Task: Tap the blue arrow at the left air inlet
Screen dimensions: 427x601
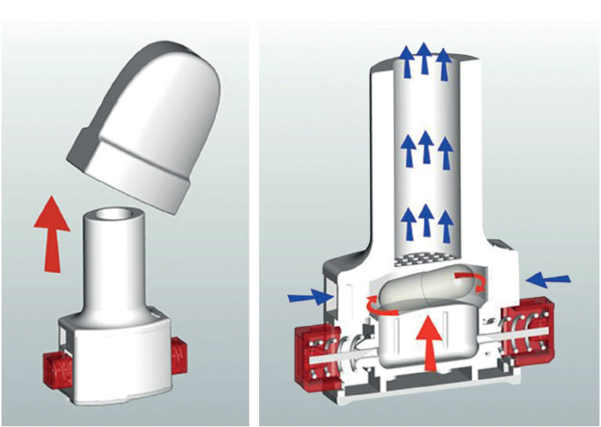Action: pos(309,296)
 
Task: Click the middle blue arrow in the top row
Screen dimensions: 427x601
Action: pos(424,59)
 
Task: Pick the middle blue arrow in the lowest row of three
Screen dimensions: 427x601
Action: pos(426,222)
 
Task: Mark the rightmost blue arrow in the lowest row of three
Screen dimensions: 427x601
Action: pos(446,226)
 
